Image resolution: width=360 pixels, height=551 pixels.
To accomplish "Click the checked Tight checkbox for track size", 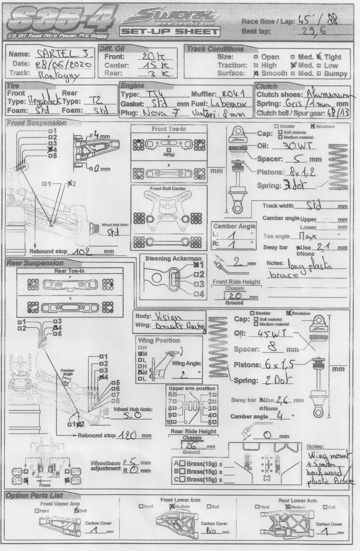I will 319,57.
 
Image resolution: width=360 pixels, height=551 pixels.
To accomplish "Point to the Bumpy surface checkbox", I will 319,73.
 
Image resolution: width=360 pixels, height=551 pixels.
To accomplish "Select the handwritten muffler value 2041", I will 233,94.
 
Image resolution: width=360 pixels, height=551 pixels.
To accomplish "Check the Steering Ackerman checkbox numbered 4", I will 196,294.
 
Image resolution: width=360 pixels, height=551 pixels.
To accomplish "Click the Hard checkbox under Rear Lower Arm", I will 257,507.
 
